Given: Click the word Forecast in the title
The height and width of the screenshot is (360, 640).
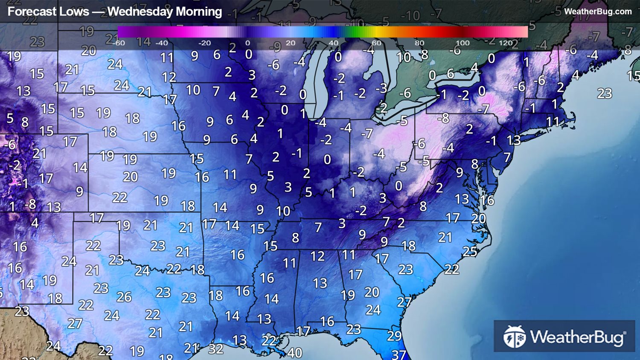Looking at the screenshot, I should tap(48, 12).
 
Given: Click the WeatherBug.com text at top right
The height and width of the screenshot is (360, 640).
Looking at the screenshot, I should tap(598, 12).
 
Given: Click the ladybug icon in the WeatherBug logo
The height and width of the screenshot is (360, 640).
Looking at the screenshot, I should tap(515, 337).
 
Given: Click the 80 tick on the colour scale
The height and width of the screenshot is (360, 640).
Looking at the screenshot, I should tap(419, 43).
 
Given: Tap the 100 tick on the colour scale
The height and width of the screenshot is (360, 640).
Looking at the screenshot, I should tap(463, 43).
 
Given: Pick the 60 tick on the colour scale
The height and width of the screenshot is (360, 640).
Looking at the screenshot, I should tap(376, 43).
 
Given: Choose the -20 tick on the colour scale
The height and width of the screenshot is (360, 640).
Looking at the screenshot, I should tap(204, 43).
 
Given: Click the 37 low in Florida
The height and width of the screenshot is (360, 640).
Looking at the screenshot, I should tap(399, 354).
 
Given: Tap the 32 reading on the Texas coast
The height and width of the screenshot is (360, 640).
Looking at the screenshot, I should tap(216, 349).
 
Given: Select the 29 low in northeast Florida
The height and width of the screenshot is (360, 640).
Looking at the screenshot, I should tap(394, 336).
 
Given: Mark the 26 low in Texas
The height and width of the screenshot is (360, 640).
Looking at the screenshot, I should tap(124, 296).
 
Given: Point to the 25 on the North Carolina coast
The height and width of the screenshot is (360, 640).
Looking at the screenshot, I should tap(470, 251).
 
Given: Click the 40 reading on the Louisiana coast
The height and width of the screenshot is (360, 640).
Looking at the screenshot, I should tap(294, 352).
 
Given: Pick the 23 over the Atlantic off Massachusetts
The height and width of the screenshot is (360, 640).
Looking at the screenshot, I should tap(605, 93).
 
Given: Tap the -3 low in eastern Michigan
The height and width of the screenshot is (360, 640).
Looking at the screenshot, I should tap(381, 88).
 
